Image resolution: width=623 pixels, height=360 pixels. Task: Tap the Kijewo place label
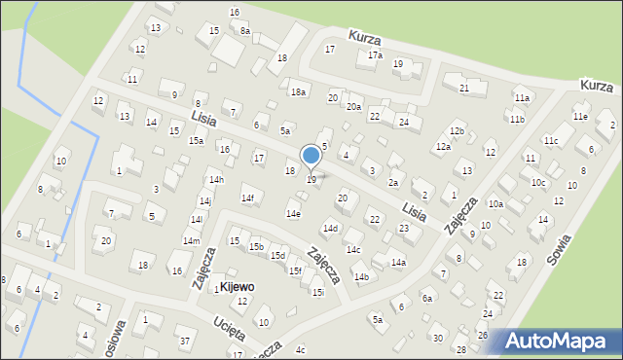pyautogui.click(x=237, y=288)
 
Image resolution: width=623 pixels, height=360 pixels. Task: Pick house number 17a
pyautogui.click(x=375, y=55)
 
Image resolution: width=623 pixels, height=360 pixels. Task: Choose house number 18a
pyautogui.click(x=298, y=92)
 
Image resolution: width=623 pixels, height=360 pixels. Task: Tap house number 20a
pyautogui.click(x=353, y=107)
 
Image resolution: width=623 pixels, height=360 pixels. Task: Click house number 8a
pyautogui.click(x=245, y=31)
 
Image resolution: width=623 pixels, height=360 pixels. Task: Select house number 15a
pyautogui.click(x=196, y=141)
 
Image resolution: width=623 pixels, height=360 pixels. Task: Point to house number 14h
pyautogui.click(x=216, y=180)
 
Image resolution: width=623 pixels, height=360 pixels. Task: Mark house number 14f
pyautogui.click(x=248, y=198)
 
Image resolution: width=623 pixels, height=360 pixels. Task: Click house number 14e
pyautogui.click(x=293, y=213)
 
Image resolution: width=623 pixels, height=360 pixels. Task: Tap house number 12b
pyautogui.click(x=458, y=130)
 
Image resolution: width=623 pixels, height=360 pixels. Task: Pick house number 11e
pyautogui.click(x=580, y=117)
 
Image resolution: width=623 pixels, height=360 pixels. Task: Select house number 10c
pyautogui.click(x=538, y=182)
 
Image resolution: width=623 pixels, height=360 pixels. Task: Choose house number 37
pyautogui.click(x=185, y=341)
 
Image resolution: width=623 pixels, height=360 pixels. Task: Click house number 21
pyautogui.click(x=464, y=89)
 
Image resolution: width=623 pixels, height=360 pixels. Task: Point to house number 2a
pyautogui.click(x=393, y=182)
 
